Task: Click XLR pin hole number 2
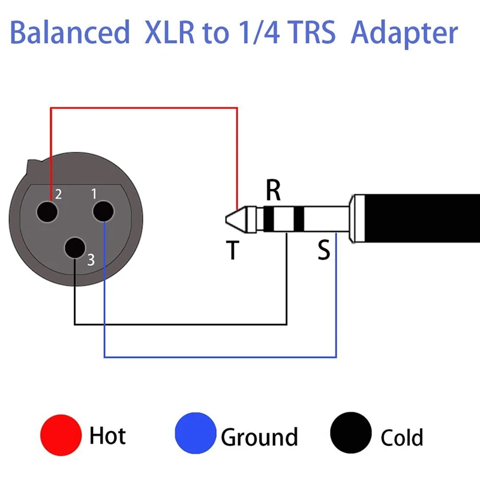click(48, 212)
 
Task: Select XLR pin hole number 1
click(102, 212)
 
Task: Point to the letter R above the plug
click(273, 191)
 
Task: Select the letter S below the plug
click(324, 250)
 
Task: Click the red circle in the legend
click(61, 434)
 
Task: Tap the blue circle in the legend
click(195, 434)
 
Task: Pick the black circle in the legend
click(351, 434)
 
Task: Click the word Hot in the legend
click(107, 435)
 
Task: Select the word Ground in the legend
click(259, 437)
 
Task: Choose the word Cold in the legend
click(401, 437)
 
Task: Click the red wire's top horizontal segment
click(144, 108)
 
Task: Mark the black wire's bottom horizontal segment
click(180, 325)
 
